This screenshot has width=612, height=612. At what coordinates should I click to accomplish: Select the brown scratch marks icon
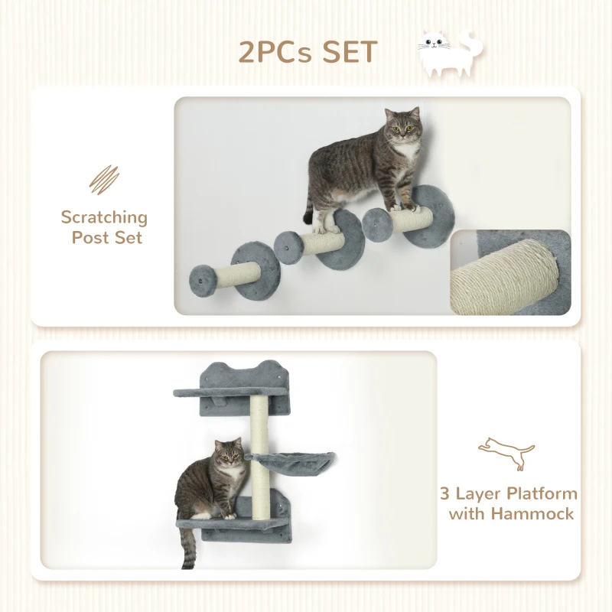click(105, 181)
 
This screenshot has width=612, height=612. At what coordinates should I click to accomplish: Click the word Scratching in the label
click(104, 216)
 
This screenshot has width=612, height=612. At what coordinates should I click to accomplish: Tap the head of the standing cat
click(402, 129)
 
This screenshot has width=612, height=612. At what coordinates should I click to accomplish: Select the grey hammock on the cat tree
click(295, 462)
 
